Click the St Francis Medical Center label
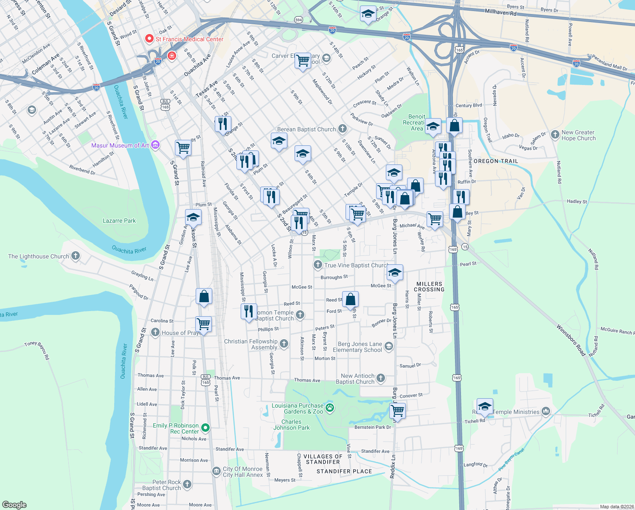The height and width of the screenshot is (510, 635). click(x=189, y=39)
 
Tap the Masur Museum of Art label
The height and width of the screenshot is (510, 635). click(x=120, y=145)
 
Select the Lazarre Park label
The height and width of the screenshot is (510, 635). click(x=119, y=221)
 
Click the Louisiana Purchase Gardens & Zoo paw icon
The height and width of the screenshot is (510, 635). click(x=330, y=408)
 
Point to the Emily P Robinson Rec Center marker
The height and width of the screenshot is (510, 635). click(x=205, y=428)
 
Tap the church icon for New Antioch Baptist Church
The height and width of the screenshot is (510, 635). click(x=381, y=378)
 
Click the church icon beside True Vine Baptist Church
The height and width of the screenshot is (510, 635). click(x=317, y=265)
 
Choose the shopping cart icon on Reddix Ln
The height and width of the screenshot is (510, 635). click(x=397, y=410)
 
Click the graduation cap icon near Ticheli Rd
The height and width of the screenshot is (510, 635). click(x=485, y=406)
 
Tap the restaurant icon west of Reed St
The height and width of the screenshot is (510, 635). click(x=249, y=311)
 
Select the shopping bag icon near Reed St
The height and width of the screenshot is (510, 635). click(x=351, y=299)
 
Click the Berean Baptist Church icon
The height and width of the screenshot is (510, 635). click(x=343, y=129)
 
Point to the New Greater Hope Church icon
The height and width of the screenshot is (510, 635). click(x=555, y=135)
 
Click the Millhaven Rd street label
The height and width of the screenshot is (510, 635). click(x=500, y=13)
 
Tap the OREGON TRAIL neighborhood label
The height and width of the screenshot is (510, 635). click(x=496, y=161)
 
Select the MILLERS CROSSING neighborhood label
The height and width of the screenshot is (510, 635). click(x=429, y=286)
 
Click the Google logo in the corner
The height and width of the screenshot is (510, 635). click(x=14, y=505)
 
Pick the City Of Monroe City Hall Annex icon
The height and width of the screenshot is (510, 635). click(x=216, y=471)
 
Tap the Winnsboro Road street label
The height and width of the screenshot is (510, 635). click(x=571, y=340)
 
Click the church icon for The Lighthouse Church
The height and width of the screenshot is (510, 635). click(x=76, y=256)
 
